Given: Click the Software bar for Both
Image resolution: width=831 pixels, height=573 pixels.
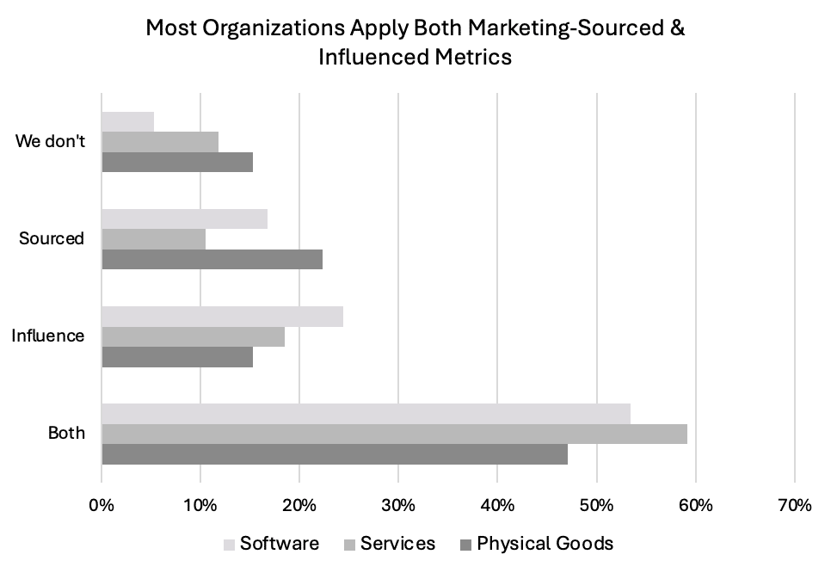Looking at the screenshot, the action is pyautogui.click(x=366, y=414).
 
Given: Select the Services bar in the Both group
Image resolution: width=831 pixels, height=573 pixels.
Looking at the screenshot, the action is pyautogui.click(x=394, y=434).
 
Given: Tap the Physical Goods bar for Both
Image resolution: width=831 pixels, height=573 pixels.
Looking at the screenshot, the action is pyautogui.click(x=335, y=454).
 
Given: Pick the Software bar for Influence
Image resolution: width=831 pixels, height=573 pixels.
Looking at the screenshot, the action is pyautogui.click(x=222, y=317).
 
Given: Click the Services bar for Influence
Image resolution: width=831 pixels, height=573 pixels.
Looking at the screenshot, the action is pyautogui.click(x=193, y=336).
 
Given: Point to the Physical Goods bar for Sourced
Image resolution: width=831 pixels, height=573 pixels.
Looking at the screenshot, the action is pyautogui.click(x=212, y=259).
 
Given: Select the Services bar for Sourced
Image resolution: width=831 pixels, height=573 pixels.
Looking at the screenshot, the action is pyautogui.click(x=154, y=239).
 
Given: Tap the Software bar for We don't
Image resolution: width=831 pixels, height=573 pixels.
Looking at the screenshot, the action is pyautogui.click(x=127, y=122).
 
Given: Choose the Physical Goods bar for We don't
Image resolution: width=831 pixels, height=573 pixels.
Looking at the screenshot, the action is pyautogui.click(x=177, y=163).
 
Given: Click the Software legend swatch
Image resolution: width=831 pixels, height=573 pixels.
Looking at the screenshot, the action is pyautogui.click(x=229, y=545).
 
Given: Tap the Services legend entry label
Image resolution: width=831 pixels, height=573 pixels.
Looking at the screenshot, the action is pyautogui.click(x=397, y=544).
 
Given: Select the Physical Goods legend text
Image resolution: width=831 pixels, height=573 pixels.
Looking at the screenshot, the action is pyautogui.click(x=545, y=544).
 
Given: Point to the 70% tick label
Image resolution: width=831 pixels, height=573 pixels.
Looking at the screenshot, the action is pyautogui.click(x=794, y=505).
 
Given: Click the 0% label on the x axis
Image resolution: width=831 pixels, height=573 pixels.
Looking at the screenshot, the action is pyautogui.click(x=102, y=505).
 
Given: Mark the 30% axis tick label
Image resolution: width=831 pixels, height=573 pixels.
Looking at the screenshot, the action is pyautogui.click(x=398, y=505).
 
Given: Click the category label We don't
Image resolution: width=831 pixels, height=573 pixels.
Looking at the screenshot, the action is pyautogui.click(x=51, y=141).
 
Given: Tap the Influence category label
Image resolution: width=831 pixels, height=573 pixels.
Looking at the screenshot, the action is pyautogui.click(x=47, y=336).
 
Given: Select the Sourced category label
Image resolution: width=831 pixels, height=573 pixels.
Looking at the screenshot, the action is pyautogui.click(x=52, y=238).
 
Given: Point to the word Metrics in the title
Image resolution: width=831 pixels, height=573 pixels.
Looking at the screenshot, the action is pyautogui.click(x=473, y=57).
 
